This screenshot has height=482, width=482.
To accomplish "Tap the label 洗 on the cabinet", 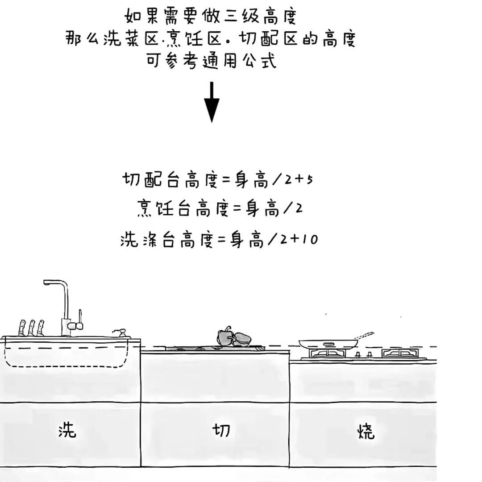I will click(x=67, y=430).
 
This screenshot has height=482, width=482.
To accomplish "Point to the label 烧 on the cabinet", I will click(x=366, y=431).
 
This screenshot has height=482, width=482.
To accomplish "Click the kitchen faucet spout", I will click(x=56, y=283).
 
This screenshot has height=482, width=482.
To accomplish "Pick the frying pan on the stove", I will click(x=328, y=343).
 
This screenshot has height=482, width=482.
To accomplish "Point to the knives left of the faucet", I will click(x=31, y=328).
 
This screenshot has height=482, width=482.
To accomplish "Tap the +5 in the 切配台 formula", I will click(x=306, y=180).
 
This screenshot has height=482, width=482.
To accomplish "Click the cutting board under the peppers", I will click(x=214, y=348).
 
